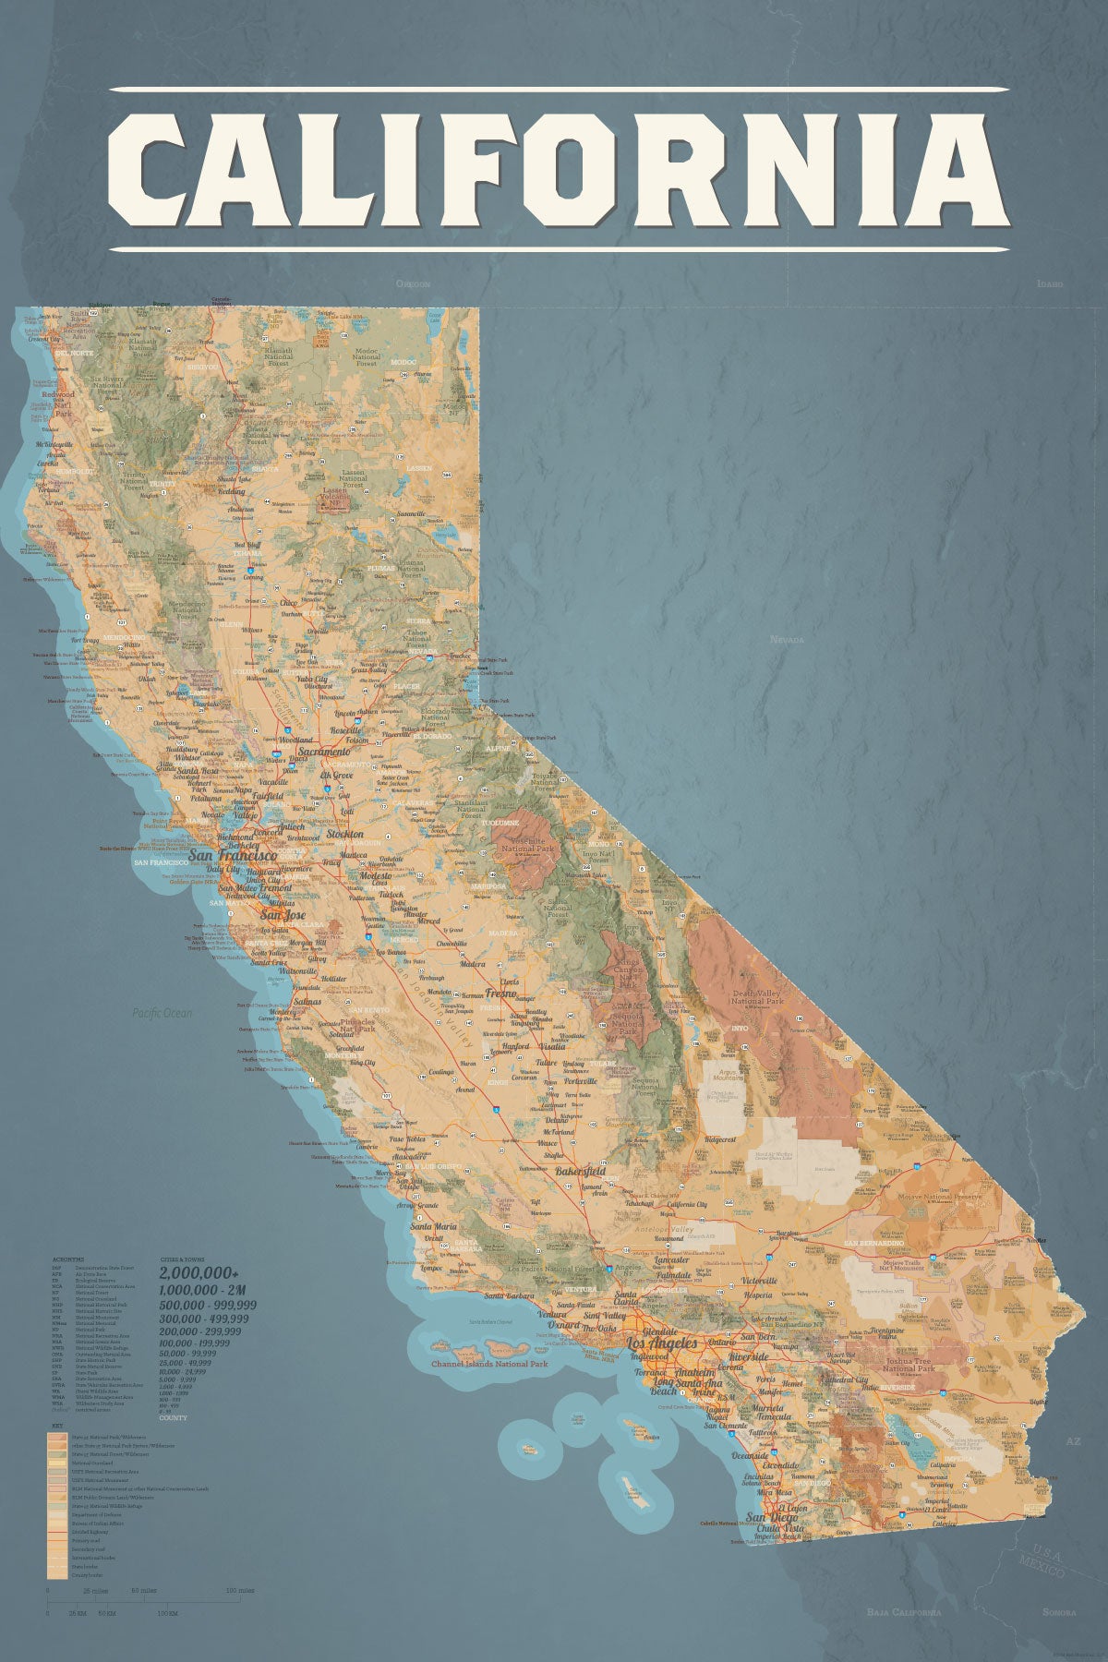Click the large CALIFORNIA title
558,169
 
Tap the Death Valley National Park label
756,996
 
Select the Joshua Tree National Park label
909,1365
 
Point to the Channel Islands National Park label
489,1363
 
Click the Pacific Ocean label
163,1013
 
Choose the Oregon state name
414,283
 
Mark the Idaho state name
1050,283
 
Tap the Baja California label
904,1612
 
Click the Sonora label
1059,1612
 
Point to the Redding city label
232,491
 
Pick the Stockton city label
344,834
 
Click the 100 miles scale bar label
240,1591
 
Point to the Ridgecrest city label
720,1140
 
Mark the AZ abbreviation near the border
1072,1441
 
